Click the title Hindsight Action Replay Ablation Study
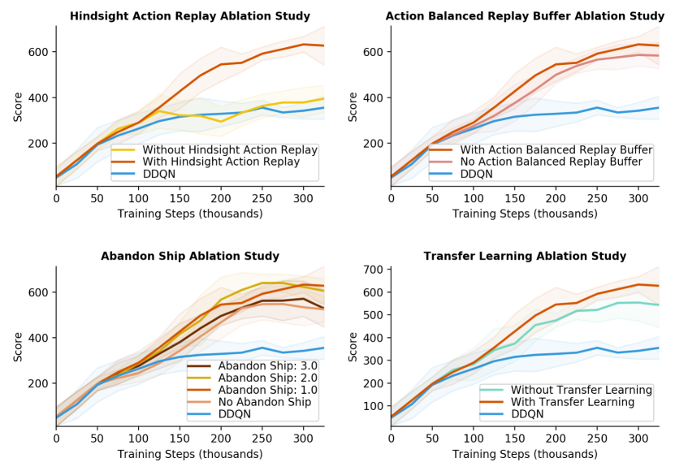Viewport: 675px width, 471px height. (190, 15)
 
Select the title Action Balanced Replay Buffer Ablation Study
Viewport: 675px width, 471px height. (525, 15)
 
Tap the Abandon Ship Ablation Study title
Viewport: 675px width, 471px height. (190, 256)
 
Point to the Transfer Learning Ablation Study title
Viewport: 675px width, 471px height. (525, 256)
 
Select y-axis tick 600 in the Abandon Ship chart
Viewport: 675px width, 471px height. (39, 292)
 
